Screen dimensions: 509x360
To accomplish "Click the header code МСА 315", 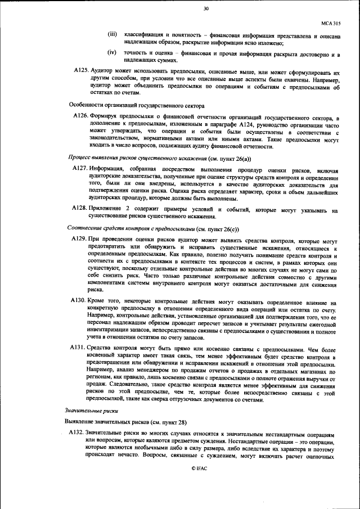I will click(331, 24).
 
